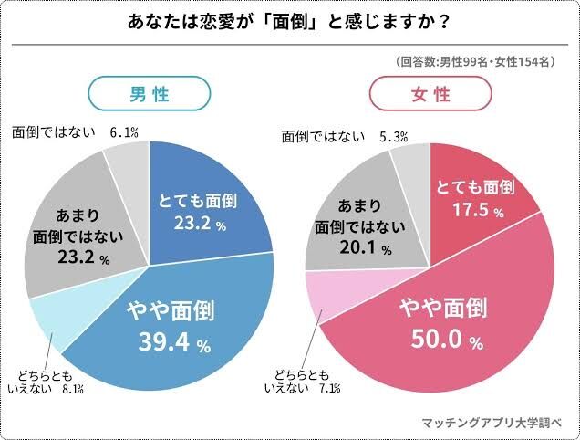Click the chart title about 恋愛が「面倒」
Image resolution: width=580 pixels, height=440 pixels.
(x=290, y=22)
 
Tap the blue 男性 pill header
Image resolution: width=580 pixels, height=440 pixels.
(x=149, y=94)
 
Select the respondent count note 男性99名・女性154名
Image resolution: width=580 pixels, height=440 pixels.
(x=475, y=62)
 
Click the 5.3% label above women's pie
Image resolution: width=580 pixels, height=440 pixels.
(x=393, y=137)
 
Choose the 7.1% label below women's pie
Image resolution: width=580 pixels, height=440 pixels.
(x=330, y=389)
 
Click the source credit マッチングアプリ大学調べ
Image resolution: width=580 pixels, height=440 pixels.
(x=492, y=424)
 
